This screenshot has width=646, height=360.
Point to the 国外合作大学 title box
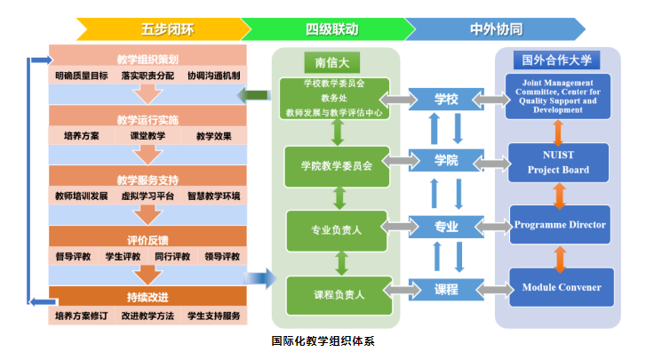(557, 60)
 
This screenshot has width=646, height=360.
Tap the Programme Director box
(560, 225)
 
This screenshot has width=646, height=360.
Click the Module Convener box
(560, 287)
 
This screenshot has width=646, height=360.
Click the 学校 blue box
(446, 98)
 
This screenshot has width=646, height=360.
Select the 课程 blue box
(446, 289)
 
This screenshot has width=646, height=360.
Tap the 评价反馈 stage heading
(147, 239)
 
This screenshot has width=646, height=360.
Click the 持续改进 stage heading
(147, 297)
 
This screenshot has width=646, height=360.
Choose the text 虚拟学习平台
(147, 196)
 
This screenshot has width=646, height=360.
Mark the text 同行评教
(171, 257)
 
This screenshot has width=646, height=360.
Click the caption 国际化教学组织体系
(323, 340)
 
